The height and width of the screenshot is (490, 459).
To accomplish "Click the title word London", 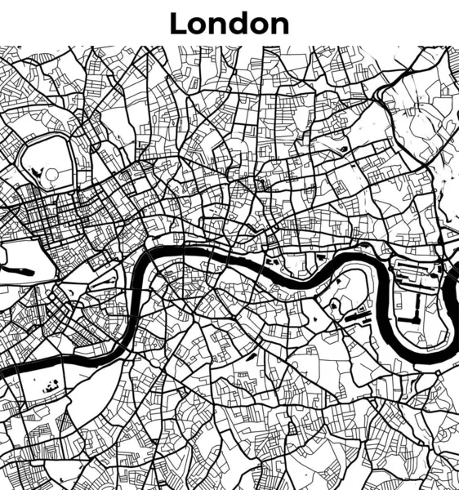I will coord(229,24).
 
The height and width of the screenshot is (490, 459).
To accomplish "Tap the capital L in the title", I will coord(178,24).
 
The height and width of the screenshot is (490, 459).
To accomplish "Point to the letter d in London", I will coord(238,24).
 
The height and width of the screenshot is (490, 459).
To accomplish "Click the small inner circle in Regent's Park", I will coord(51,174).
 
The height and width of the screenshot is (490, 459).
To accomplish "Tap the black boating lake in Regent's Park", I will coord(37,172).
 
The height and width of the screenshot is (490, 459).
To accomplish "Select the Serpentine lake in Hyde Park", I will coord(20,270).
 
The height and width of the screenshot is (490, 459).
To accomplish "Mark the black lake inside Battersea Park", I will coord(52,385).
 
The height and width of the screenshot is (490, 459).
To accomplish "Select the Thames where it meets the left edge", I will coord(4,372).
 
